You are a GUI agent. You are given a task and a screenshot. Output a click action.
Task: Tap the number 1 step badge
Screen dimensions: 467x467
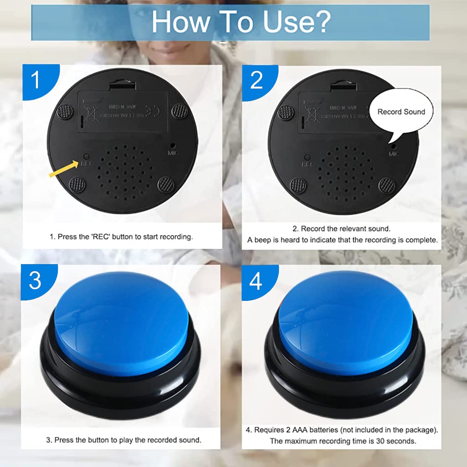pyautogui.click(x=36, y=80)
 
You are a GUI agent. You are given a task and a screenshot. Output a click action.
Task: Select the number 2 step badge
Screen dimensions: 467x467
pyautogui.click(x=256, y=80)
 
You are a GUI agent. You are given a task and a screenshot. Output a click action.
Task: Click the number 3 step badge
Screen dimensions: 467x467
pyautogui.click(x=35, y=280)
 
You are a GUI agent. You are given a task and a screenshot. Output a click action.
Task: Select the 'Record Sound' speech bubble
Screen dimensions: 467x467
pyautogui.click(x=401, y=112)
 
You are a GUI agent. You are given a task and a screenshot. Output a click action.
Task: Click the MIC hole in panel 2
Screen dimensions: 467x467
pyautogui.click(x=393, y=147)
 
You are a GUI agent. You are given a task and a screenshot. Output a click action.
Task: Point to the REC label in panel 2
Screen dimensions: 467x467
pyautogui.click(x=308, y=164)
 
